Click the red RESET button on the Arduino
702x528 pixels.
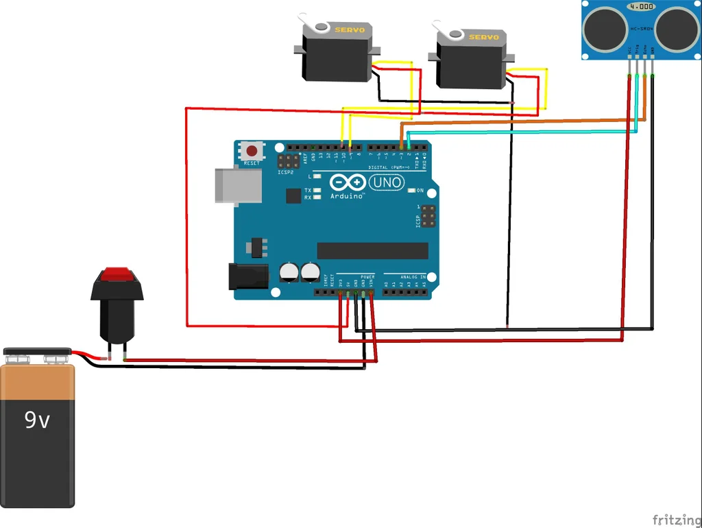(252, 151)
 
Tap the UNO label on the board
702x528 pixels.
(387, 182)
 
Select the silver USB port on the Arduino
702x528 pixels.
(238, 185)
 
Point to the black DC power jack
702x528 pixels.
(248, 276)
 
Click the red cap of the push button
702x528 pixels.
(117, 276)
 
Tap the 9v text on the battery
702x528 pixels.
(37, 419)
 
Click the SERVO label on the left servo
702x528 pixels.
(350, 29)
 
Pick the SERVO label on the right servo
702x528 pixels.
(484, 36)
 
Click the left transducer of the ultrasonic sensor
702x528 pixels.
(603, 28)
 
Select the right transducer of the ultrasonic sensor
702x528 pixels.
(675, 28)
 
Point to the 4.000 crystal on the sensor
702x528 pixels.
(640, 6)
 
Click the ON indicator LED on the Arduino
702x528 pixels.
(411, 190)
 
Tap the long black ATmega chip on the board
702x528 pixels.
(373, 250)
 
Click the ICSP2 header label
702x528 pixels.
(286, 173)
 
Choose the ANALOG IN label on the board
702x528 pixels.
(414, 276)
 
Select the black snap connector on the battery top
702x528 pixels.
(37, 354)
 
